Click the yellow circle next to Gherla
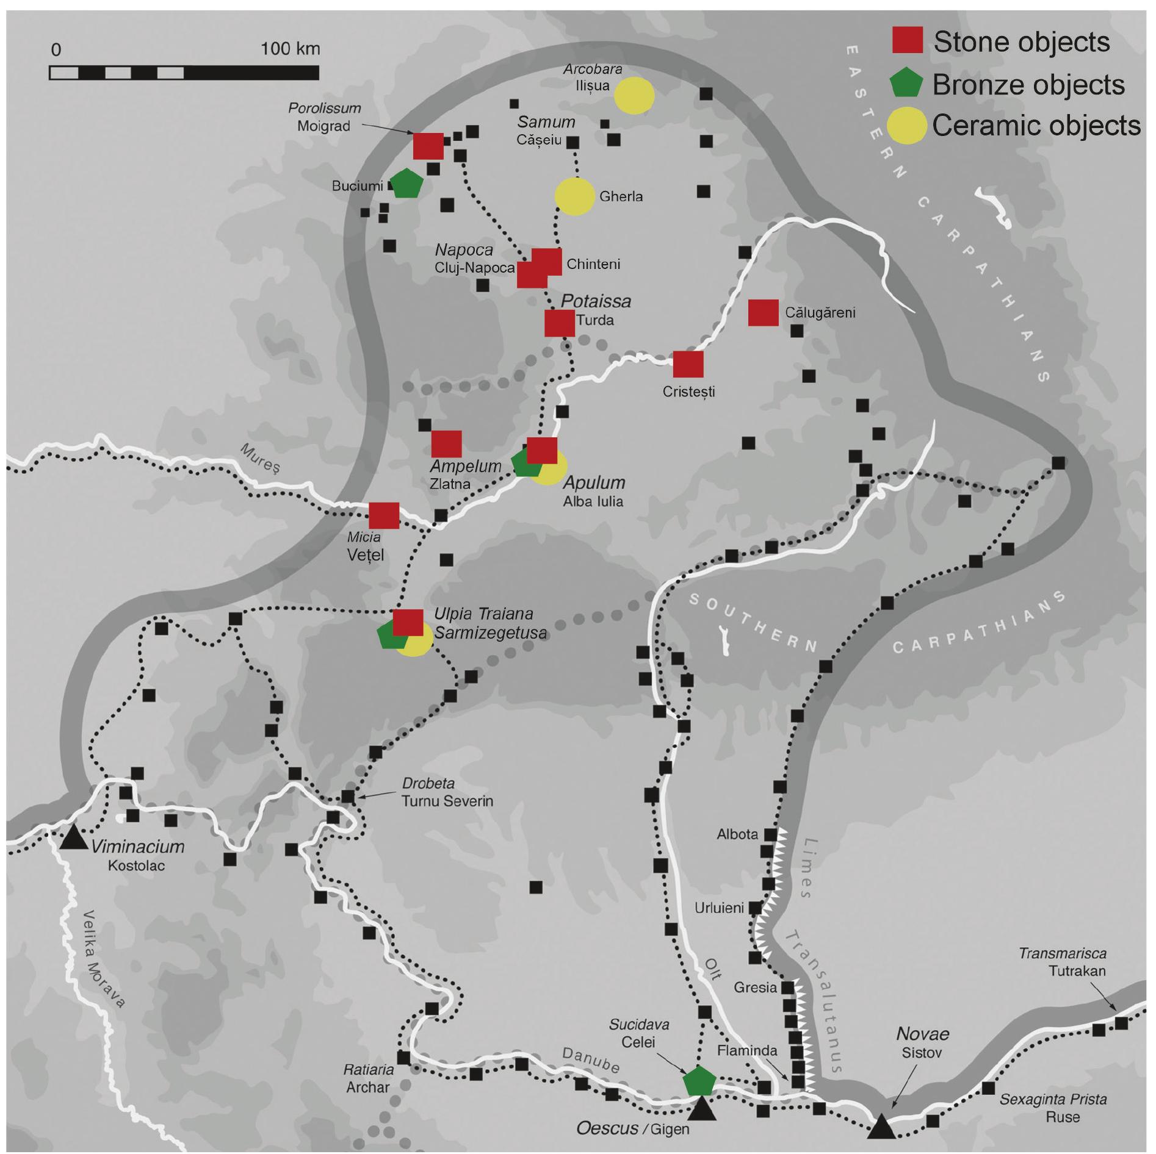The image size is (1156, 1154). [x=574, y=196]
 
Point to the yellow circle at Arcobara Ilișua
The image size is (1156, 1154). [x=634, y=95]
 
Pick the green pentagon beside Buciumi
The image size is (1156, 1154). [x=406, y=184]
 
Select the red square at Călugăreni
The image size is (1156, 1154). [x=763, y=313]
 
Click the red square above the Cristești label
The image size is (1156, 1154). [x=688, y=364]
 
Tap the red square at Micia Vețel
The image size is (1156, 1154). [x=384, y=515]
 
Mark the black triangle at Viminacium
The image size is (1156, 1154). [x=74, y=837]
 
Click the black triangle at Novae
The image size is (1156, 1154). [x=881, y=1127]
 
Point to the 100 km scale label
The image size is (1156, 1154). [x=290, y=49]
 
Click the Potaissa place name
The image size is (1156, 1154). [x=596, y=301]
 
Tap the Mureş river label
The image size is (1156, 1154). [x=260, y=458]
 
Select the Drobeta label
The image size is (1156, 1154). [x=428, y=783]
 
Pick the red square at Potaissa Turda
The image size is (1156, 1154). [x=559, y=323]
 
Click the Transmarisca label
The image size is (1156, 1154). [x=1062, y=953]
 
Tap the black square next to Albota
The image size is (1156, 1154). [x=770, y=834]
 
